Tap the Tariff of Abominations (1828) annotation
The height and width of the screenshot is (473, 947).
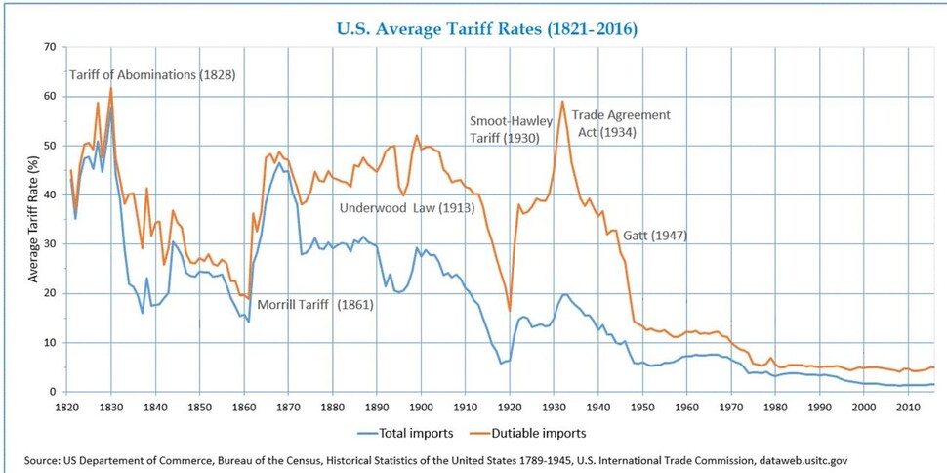pos(152,75)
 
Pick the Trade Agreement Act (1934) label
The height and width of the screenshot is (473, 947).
pos(621,123)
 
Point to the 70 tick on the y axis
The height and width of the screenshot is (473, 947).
pos(49,47)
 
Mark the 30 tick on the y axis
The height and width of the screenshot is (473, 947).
pos(49,244)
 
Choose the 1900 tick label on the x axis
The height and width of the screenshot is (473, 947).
pos(420,406)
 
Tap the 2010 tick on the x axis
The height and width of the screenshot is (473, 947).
pos(905,406)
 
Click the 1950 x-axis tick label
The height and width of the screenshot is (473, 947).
pos(640,406)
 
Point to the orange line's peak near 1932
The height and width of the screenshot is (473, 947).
pos(562,101)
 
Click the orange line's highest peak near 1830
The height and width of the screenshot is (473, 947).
pos(111,88)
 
